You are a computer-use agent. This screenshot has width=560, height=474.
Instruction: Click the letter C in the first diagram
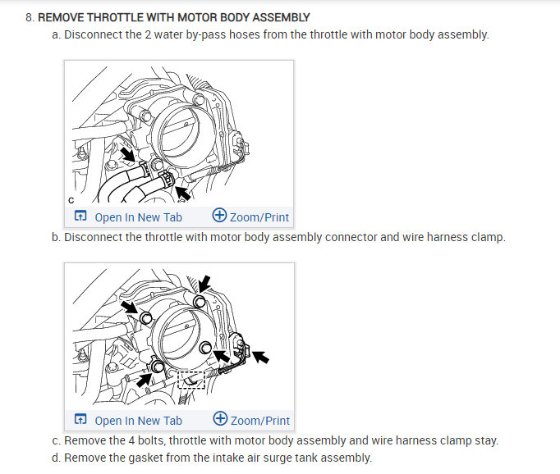[71, 198]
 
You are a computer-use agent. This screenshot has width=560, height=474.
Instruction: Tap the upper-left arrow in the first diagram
[127, 153]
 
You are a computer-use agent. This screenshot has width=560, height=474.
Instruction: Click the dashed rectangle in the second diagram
[190, 380]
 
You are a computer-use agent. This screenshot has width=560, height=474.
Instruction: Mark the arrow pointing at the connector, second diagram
[259, 357]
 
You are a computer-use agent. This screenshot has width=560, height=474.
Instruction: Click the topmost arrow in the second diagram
[204, 283]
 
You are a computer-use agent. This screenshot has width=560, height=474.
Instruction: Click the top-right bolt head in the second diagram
[199, 302]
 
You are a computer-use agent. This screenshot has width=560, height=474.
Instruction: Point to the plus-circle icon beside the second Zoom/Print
[220, 420]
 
